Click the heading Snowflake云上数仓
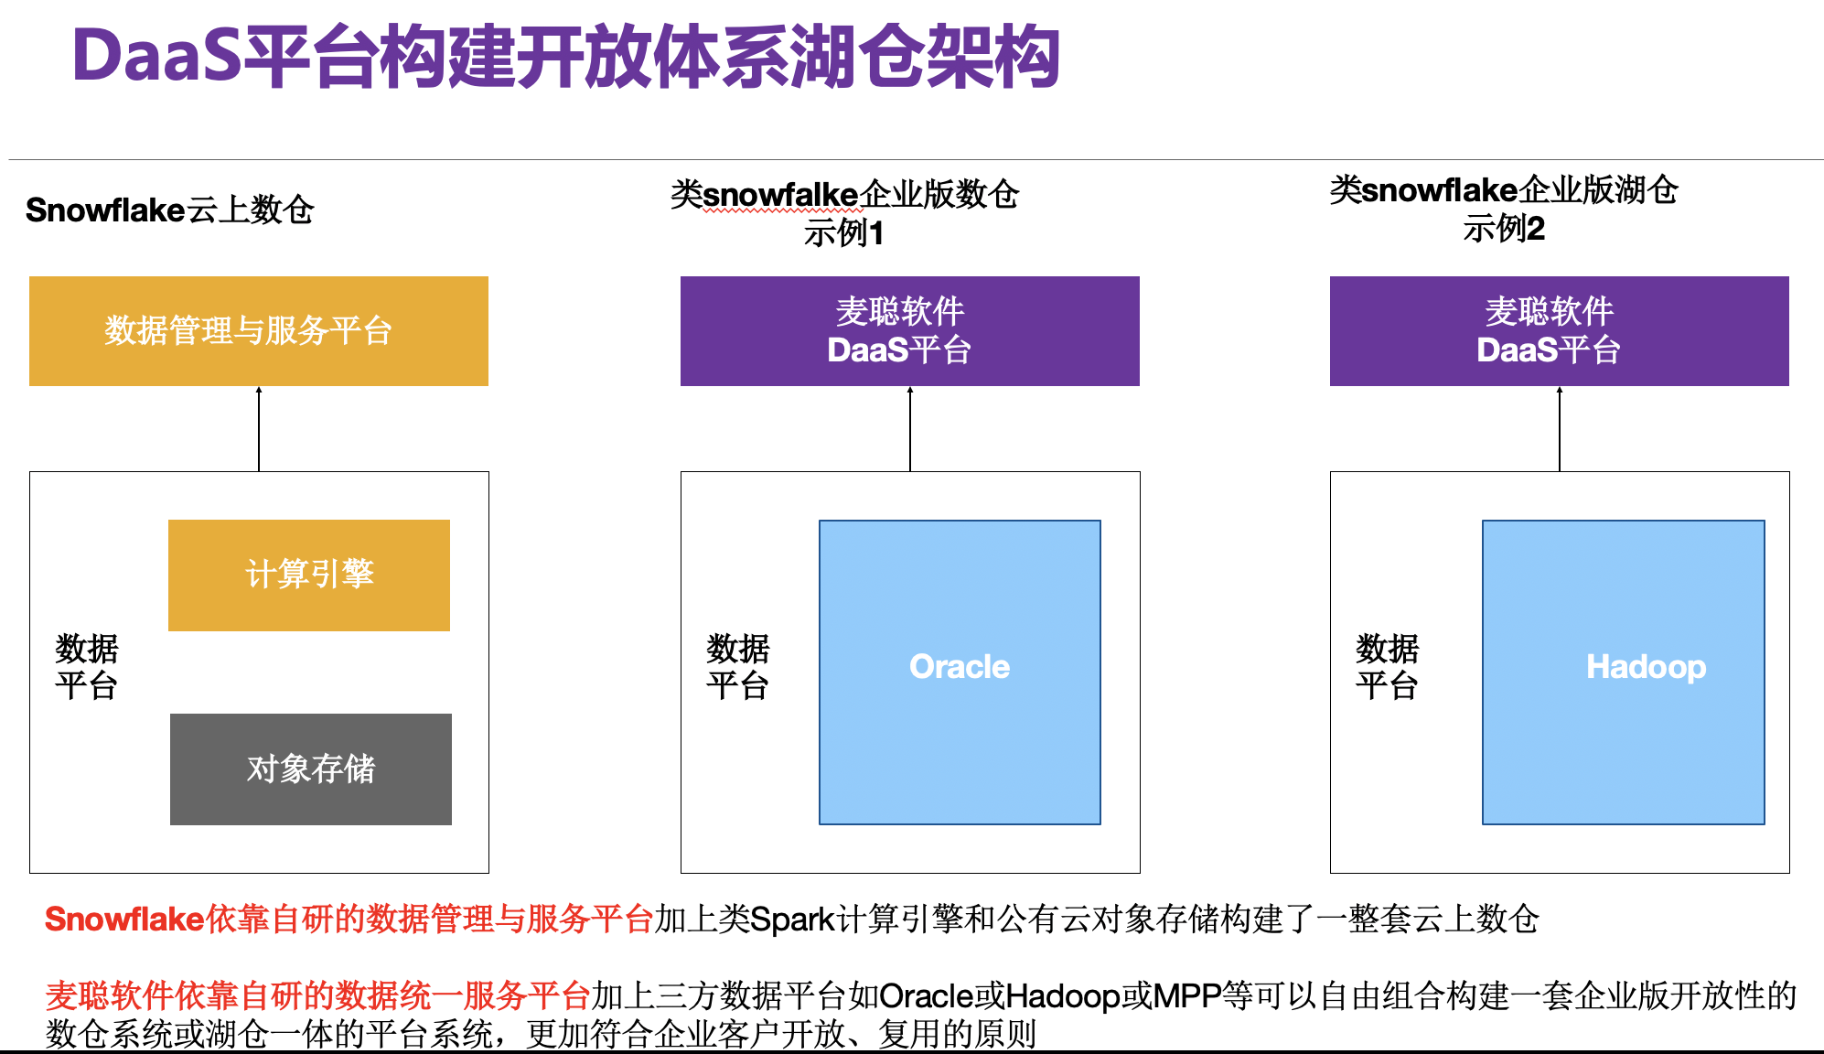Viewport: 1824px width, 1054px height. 169,210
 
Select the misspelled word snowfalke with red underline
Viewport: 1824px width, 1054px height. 780,195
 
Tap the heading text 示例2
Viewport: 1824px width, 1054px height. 1503,229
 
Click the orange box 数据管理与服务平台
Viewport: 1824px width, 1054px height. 258,331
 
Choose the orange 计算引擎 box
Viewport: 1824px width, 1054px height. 309,575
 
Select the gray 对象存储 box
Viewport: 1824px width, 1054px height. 311,769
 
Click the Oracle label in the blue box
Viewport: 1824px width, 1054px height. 960,667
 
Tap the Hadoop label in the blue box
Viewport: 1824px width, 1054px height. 1646,667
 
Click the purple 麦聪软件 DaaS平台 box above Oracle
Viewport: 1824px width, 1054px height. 909,331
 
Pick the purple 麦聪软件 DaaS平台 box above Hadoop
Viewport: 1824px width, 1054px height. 1559,331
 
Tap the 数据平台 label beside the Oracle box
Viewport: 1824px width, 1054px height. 737,667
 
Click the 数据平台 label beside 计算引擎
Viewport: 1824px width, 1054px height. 86,667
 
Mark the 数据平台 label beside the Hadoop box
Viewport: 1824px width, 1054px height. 1387,667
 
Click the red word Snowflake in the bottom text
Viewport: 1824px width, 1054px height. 124,920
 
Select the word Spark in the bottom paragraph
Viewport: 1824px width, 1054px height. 792,920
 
